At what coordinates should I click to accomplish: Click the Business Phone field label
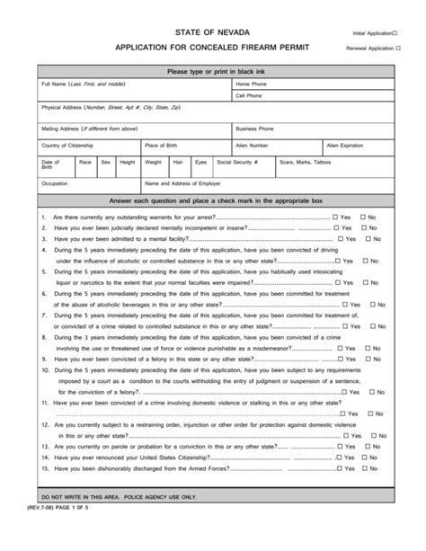tap(255, 129)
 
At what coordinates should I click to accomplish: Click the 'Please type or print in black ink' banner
tap(213, 70)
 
